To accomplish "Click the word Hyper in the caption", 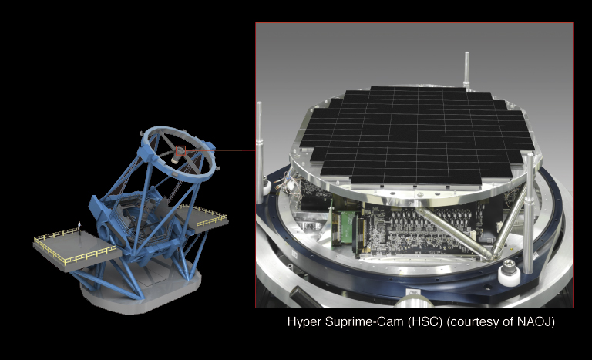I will pyautogui.click(x=303, y=321).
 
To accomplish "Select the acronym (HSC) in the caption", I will pyautogui.click(x=417, y=321).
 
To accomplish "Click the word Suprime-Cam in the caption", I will pyautogui.click(x=359, y=321).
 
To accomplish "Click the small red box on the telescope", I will pyautogui.click(x=180, y=150).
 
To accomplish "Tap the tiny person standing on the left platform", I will pyautogui.click(x=78, y=226).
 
